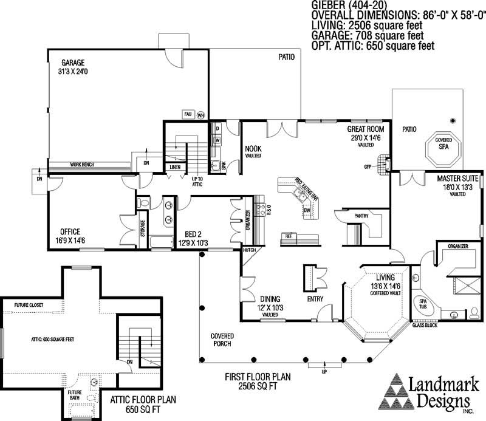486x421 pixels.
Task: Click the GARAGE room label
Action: (72, 62)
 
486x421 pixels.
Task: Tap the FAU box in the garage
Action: (187, 114)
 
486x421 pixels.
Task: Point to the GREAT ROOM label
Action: (364, 129)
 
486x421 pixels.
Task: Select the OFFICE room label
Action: (72, 231)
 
